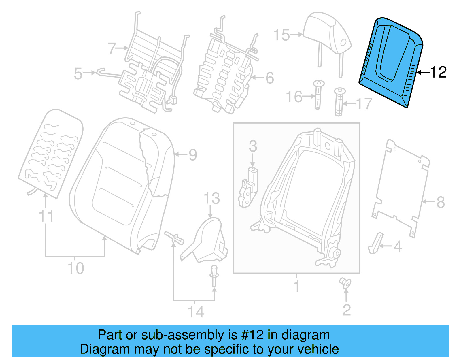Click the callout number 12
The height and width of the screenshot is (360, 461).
(438, 72)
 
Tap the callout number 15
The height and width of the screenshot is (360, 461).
(281, 35)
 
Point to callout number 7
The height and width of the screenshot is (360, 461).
(112, 48)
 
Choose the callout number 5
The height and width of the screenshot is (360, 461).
(78, 73)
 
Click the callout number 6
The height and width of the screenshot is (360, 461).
(269, 78)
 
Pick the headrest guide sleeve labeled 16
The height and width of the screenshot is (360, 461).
(318, 95)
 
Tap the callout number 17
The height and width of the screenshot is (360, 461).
(364, 104)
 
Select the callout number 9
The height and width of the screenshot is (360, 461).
(193, 155)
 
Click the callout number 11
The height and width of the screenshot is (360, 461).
(46, 216)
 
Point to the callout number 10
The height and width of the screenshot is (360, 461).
(75, 268)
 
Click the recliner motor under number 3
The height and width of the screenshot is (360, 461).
(248, 187)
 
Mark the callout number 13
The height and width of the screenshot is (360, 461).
(212, 198)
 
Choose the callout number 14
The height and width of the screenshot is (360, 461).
(196, 312)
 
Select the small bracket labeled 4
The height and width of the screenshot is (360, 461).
(375, 244)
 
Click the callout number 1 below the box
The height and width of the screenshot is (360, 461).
(296, 286)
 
